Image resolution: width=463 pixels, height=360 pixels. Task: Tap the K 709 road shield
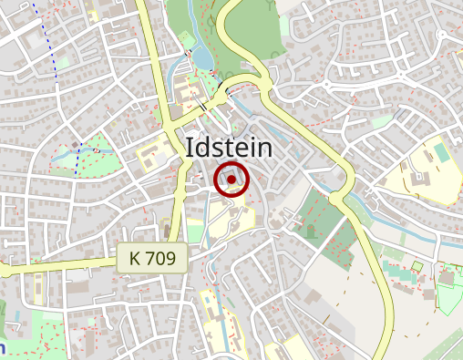(x=152, y=258)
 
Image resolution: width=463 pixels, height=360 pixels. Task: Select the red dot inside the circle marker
(x=231, y=180)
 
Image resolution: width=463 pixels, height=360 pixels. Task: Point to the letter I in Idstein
(x=189, y=147)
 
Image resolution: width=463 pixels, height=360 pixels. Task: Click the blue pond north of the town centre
(x=202, y=57)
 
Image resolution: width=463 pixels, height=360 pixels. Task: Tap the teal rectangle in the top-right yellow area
(x=442, y=153)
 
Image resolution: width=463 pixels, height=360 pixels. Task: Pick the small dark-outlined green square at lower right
(x=417, y=267)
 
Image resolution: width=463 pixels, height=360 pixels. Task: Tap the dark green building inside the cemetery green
(x=310, y=230)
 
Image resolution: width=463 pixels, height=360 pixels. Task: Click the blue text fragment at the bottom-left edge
(x=3, y=346)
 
